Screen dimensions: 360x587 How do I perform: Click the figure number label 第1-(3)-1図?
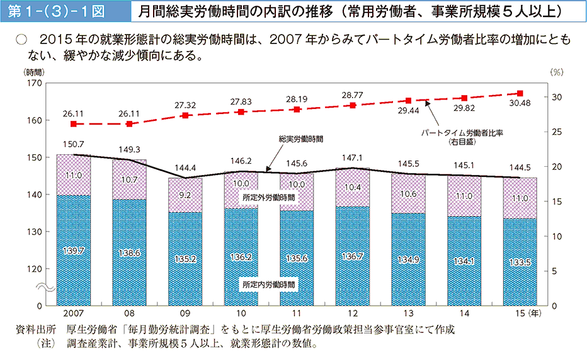click(x=61, y=11)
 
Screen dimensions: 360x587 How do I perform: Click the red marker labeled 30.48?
click(x=520, y=93)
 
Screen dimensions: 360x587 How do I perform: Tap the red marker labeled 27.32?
click(x=185, y=115)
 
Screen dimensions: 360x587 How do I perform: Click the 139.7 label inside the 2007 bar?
click(x=73, y=251)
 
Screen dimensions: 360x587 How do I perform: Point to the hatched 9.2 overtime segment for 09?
click(x=185, y=195)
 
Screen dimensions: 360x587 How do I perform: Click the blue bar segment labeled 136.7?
click(x=352, y=257)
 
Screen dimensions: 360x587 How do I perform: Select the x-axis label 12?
click(x=352, y=313)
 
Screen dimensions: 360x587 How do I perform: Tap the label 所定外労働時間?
click(x=269, y=198)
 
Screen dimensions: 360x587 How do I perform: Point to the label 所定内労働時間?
click(x=269, y=284)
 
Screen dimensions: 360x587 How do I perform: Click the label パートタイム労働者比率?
click(x=465, y=133)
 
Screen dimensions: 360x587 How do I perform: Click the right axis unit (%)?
click(x=556, y=72)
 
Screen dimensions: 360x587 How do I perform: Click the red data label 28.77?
click(x=352, y=95)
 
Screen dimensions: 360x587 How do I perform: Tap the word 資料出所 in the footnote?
click(x=37, y=330)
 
